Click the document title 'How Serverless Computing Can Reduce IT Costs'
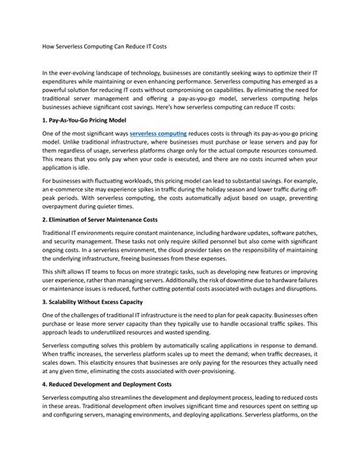coord(104,46)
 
